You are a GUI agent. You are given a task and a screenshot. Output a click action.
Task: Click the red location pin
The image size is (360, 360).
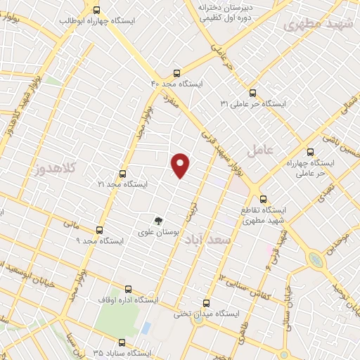(181, 165)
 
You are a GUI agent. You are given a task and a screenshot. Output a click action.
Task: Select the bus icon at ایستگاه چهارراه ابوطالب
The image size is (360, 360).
(97, 10)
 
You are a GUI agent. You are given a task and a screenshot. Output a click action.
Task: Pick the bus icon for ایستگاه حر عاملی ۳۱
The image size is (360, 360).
(252, 92)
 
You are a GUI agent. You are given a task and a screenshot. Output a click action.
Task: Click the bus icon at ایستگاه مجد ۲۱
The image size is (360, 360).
(123, 173)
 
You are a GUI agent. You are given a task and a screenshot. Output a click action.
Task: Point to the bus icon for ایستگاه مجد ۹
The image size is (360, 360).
(98, 229)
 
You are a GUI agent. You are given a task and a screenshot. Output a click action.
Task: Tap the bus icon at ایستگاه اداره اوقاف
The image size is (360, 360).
(128, 288)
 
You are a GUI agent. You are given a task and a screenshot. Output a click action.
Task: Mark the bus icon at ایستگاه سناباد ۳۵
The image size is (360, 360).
(123, 342)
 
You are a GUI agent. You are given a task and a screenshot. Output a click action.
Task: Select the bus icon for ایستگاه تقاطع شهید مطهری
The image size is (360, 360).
(263, 199)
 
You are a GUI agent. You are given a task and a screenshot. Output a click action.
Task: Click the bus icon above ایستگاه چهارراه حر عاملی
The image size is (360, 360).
(310, 151)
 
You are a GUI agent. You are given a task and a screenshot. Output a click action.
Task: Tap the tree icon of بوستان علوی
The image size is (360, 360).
(158, 220)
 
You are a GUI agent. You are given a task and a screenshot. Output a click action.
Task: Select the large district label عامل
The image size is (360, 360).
(258, 150)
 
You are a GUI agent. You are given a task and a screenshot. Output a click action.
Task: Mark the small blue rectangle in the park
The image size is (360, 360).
(146, 328)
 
